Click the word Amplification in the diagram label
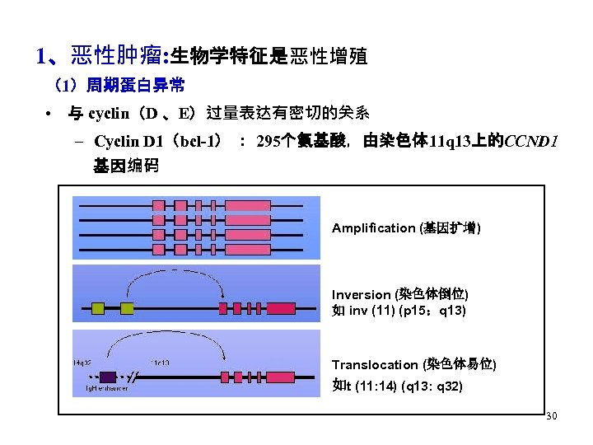[373, 227]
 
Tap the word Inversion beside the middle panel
[361, 294]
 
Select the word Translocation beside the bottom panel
[375, 364]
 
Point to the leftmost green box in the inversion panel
[97, 308]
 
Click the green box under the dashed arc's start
[127, 308]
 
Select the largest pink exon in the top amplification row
[248, 205]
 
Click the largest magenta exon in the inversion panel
[281, 308]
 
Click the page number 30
[551, 416]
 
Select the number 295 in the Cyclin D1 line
[268, 141]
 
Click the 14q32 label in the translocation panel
[82, 363]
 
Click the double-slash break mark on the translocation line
[135, 376]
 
